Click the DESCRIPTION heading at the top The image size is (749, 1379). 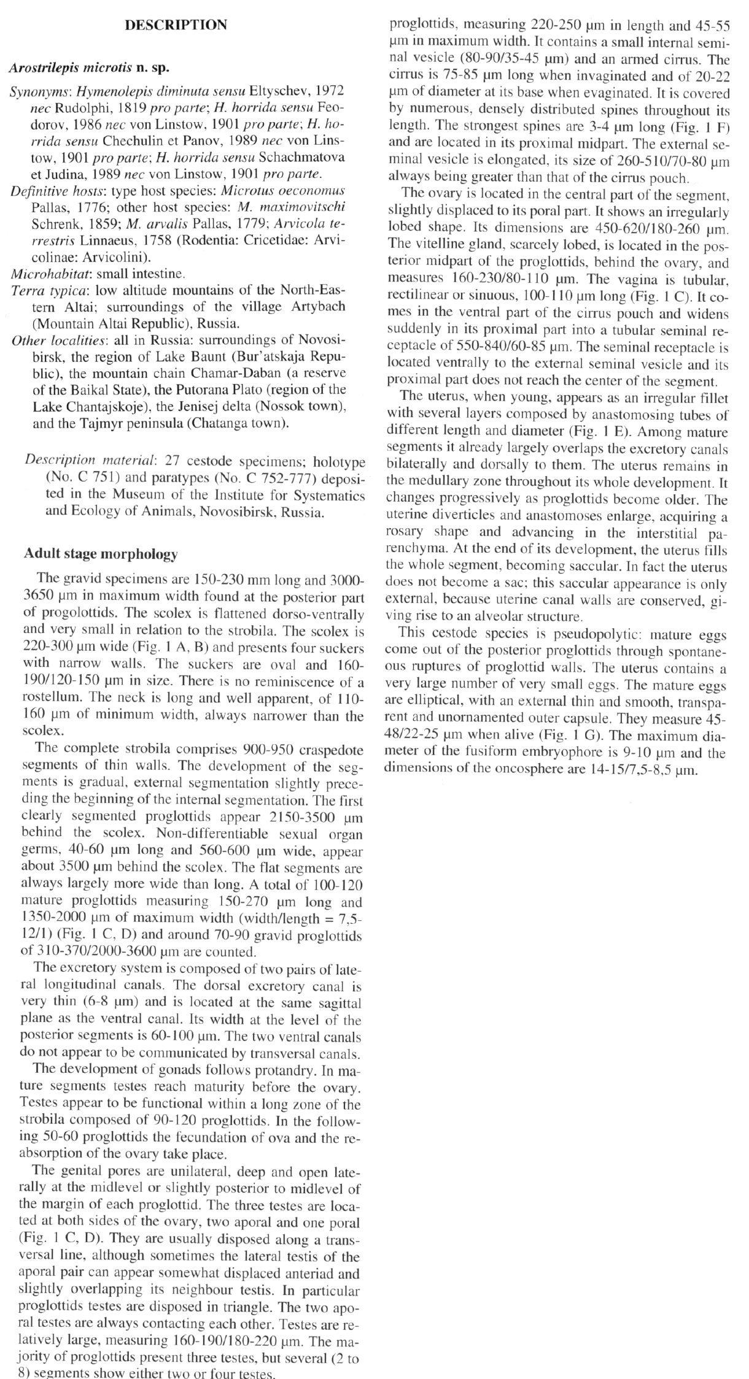pyautogui.click(x=176, y=25)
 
